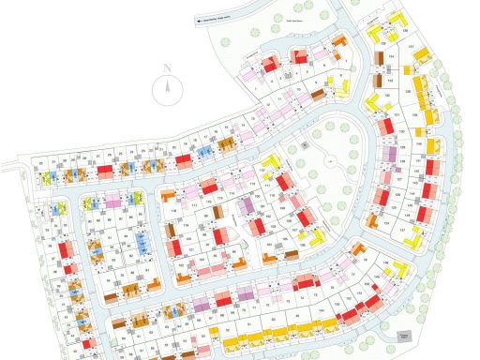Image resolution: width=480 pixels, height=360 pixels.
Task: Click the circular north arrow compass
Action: coord(167,91)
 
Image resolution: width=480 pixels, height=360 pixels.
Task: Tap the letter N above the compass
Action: coord(166,67)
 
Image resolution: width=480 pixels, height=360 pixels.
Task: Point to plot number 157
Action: coord(411,46)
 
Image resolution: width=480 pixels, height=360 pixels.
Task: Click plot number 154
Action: coord(391,56)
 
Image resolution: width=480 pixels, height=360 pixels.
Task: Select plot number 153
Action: coord(391,81)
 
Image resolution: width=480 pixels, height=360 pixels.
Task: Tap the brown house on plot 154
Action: coord(379,58)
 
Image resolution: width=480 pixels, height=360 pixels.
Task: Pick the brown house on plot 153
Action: coord(378,81)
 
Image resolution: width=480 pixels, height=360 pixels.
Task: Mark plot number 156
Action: coord(404,31)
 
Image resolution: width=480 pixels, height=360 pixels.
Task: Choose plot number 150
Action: coord(387,95)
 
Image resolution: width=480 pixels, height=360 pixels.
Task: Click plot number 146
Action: coord(385,262)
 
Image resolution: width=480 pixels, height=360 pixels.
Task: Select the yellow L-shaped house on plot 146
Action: coord(401,269)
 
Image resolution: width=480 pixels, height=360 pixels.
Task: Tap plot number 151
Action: coord(397,114)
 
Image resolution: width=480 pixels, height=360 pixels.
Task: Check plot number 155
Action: coord(383,44)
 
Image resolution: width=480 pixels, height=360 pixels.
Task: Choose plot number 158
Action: coord(408,91)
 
